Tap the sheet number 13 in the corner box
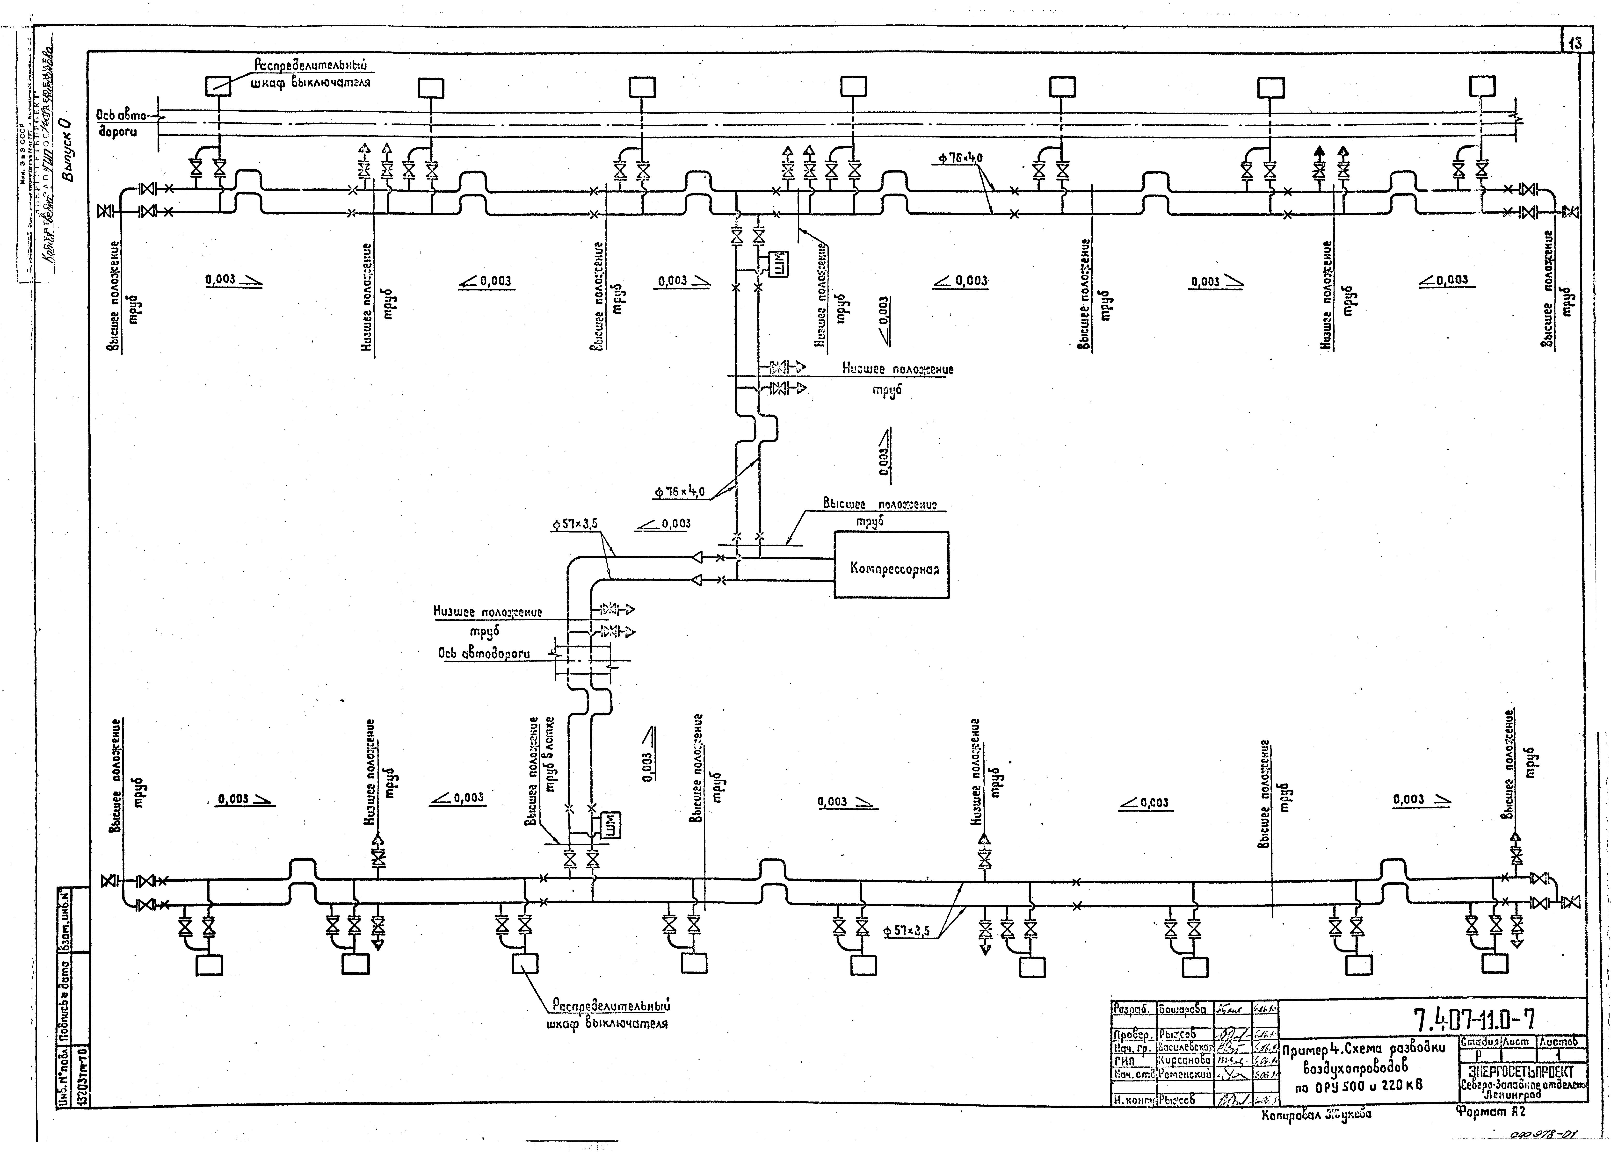tap(1576, 43)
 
